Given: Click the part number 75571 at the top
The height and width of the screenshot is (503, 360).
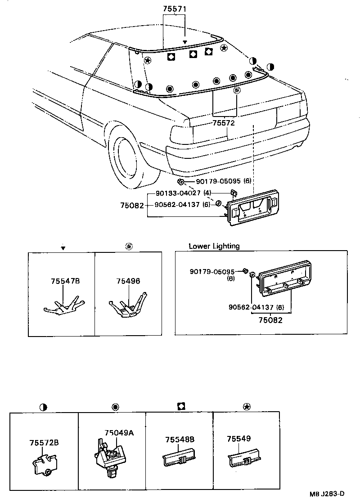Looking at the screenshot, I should coord(174,9).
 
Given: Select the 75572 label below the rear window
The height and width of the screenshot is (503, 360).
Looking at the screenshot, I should coord(224,122).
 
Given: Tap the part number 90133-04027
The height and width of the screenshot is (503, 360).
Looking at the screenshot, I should coord(177,193).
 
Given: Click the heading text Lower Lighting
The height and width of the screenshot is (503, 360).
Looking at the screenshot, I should coord(214,246).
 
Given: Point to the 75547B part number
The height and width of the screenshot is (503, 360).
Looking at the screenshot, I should coord(65,281).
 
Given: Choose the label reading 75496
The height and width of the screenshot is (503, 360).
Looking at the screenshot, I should coord(128,281).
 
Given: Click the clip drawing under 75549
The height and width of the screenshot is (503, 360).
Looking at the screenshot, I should coord(245,457).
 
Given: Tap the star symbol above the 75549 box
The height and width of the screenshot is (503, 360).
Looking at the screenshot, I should coord(246,407).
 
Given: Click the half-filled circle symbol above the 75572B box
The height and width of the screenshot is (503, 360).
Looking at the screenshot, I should coord(43,407).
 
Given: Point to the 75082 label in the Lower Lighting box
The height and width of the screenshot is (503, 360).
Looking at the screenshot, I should coord(270,320).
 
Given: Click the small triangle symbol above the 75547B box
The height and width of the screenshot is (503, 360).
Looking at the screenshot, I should coord(63,248).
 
